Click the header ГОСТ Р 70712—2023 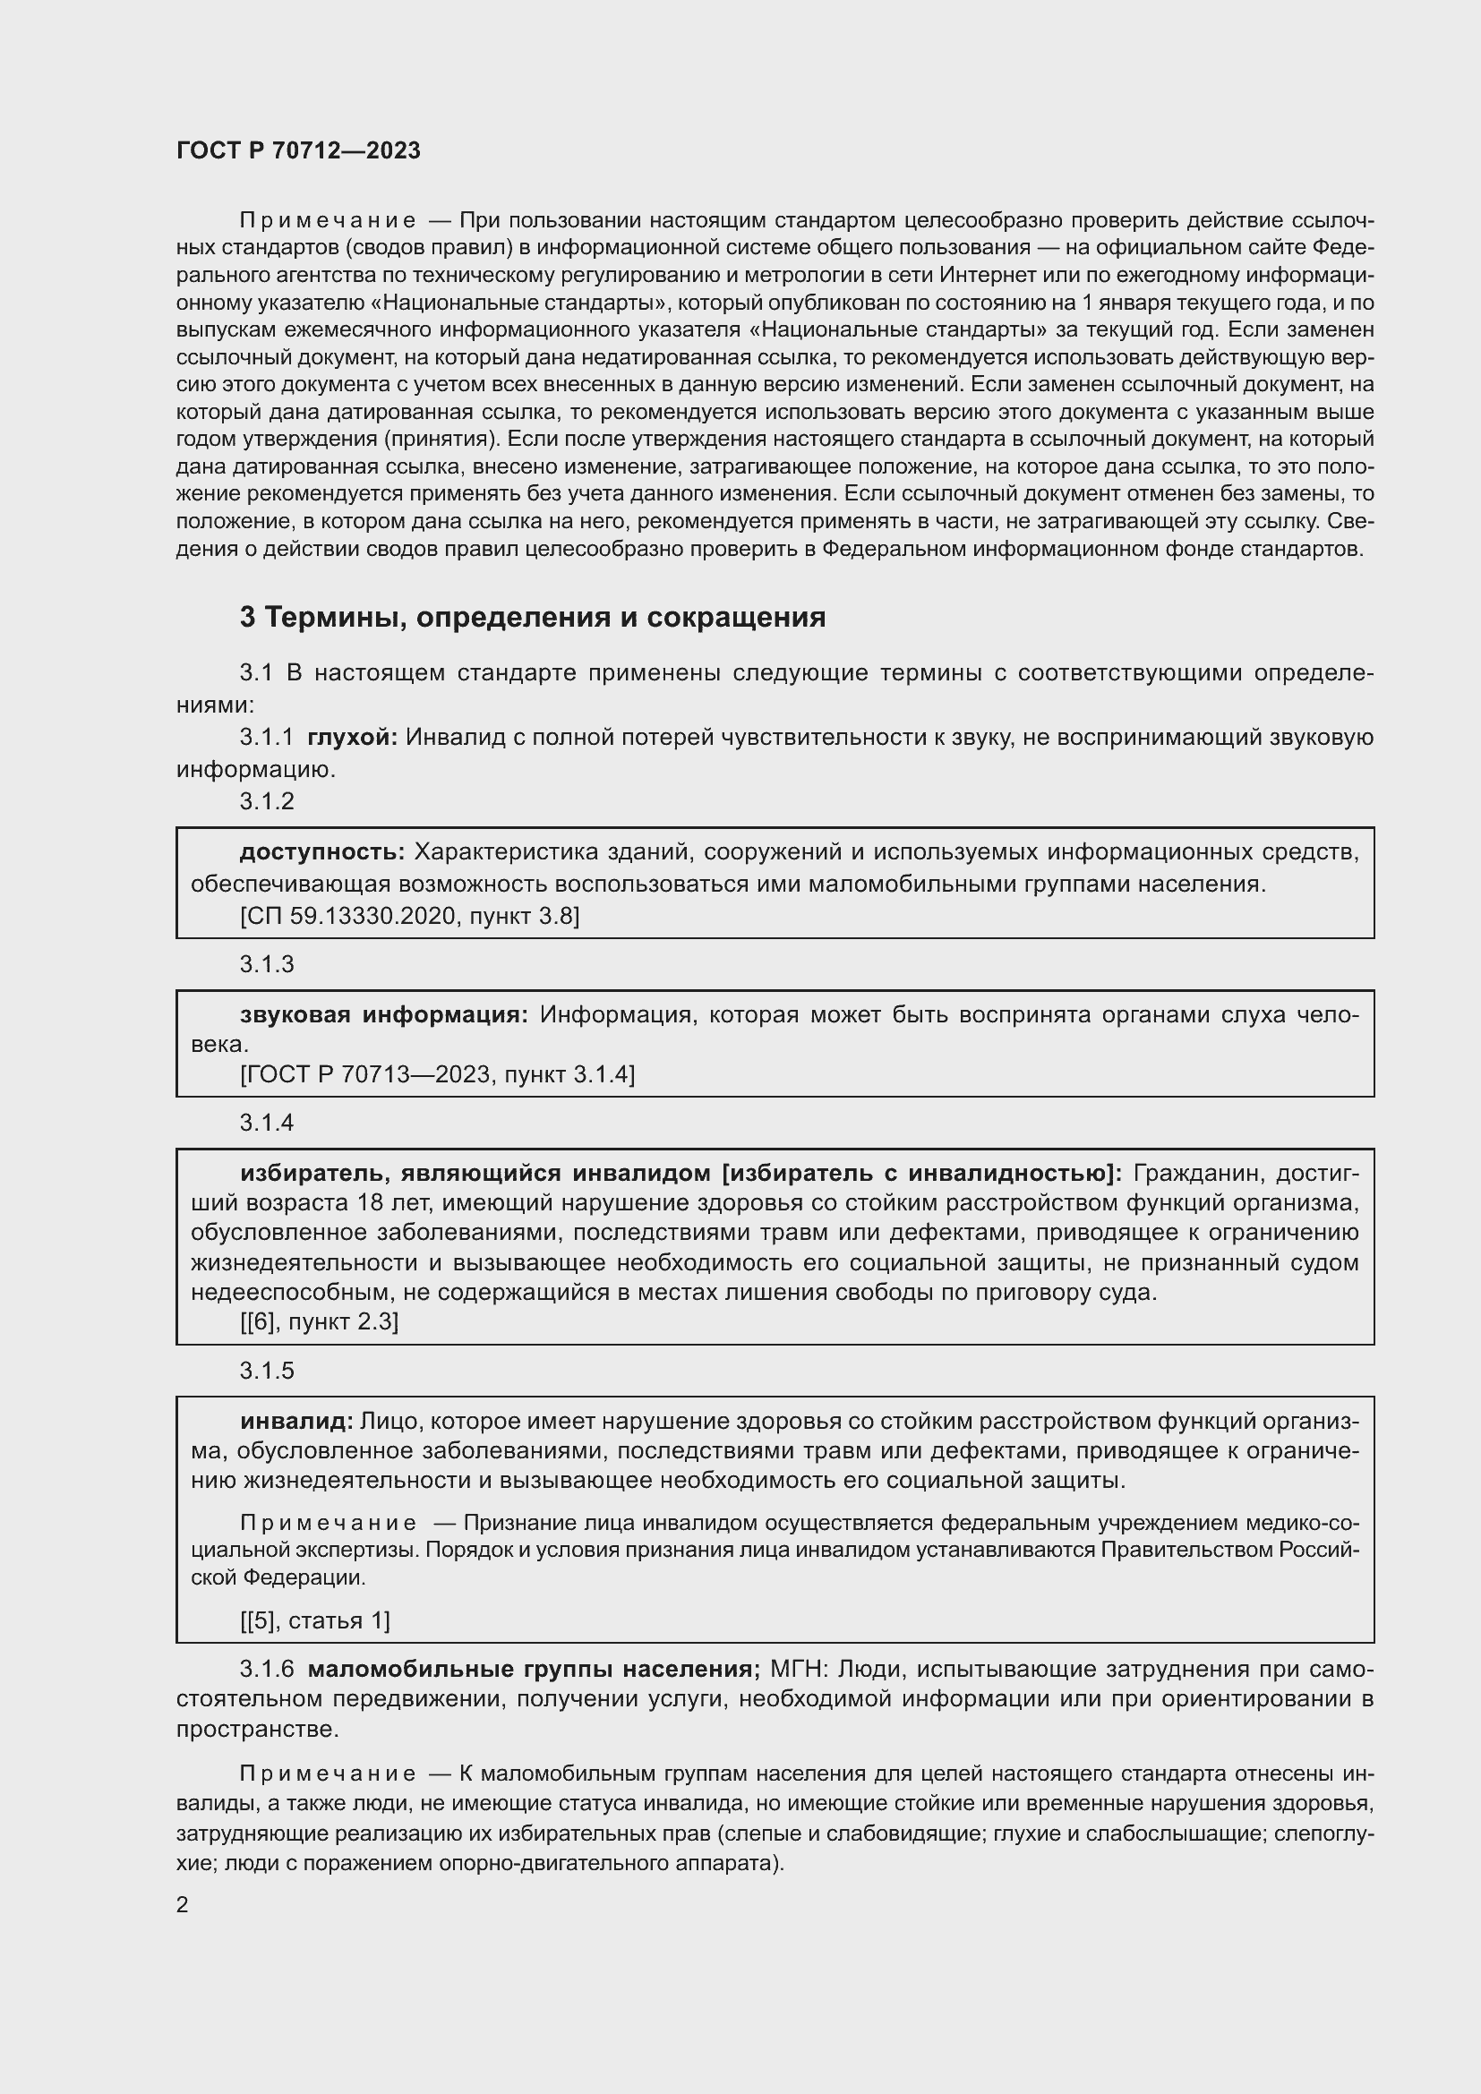298,150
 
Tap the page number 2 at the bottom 183,1904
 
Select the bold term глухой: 352,737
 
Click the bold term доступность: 322,851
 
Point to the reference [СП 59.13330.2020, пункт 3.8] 409,916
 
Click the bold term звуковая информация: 384,1014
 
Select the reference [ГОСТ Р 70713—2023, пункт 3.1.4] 437,1074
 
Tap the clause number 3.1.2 267,800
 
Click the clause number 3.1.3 267,964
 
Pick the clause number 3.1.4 267,1123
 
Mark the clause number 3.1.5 267,1371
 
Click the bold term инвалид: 296,1421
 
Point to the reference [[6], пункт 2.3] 319,1321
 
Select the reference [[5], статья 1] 314,1620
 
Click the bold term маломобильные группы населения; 535,1669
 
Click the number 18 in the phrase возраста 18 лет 372,1203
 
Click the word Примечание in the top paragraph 328,221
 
